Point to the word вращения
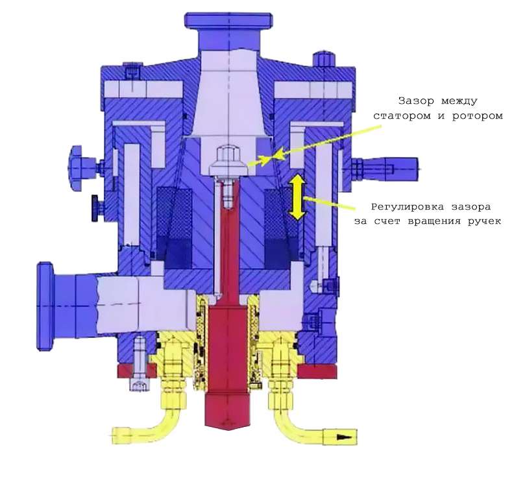click(434, 221)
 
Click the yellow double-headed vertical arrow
click(297, 197)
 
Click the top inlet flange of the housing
click(228, 21)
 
